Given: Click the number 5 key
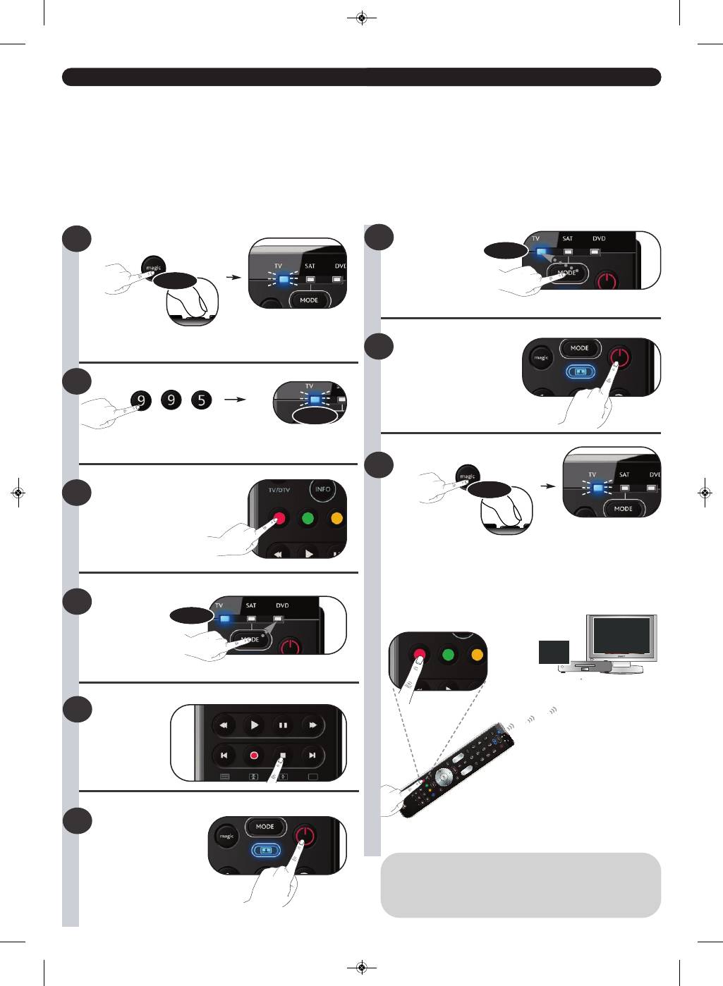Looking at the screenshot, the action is click(202, 400).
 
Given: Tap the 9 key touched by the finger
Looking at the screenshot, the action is click(142, 400).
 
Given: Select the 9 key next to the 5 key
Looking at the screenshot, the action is click(171, 400).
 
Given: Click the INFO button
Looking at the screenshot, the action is click(322, 489).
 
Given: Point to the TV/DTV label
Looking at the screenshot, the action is click(279, 490).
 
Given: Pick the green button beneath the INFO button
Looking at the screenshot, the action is click(308, 519).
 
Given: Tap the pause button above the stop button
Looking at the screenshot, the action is click(283, 725).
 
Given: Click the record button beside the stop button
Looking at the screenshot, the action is click(254, 755).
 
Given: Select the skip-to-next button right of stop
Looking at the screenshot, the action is click(312, 755).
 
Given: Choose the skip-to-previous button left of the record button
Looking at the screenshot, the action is click(224, 755).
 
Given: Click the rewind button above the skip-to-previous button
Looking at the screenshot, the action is click(224, 725).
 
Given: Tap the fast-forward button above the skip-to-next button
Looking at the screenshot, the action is click(312, 725).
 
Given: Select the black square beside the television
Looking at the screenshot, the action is click(554, 652).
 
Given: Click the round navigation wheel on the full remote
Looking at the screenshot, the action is click(444, 776).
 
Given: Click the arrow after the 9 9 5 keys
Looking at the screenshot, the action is click(235, 400).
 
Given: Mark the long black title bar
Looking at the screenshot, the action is click(361, 77).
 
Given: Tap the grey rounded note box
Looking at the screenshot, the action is click(521, 885).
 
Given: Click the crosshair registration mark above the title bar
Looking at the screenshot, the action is click(362, 18).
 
